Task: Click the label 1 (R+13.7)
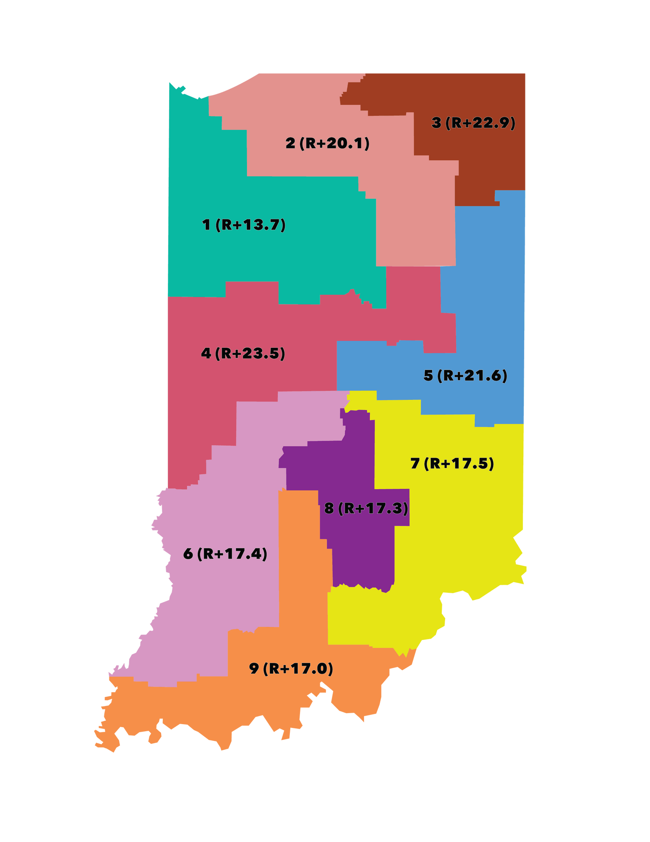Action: (x=244, y=225)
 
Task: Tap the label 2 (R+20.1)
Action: (x=327, y=144)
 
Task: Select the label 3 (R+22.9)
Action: (x=473, y=123)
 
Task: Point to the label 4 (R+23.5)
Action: (x=243, y=353)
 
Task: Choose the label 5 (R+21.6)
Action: (x=465, y=375)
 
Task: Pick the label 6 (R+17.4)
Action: (x=226, y=554)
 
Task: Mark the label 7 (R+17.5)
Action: (x=452, y=464)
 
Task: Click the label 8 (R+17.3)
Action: (x=366, y=509)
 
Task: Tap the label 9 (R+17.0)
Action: (x=291, y=669)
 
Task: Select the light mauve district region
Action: (x=219, y=610)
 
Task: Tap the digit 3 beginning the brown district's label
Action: (x=436, y=123)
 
